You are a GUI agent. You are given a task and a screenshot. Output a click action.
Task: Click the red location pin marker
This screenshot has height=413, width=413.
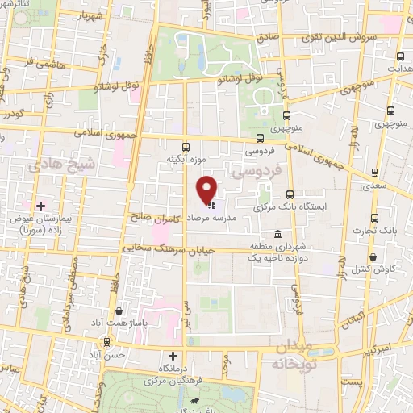coord(207,189)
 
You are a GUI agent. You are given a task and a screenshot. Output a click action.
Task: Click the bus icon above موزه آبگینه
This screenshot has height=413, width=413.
coord(186,147)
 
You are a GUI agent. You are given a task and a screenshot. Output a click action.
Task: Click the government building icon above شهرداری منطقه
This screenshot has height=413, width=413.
coord(277,234)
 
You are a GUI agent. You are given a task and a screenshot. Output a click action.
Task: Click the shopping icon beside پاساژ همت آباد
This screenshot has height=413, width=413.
coord(119,311)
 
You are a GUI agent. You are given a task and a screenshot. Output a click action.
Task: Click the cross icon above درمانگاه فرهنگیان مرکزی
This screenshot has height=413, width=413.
coord(172,356)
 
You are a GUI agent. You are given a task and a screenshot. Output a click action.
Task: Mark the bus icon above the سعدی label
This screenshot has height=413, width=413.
coord(373,172)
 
